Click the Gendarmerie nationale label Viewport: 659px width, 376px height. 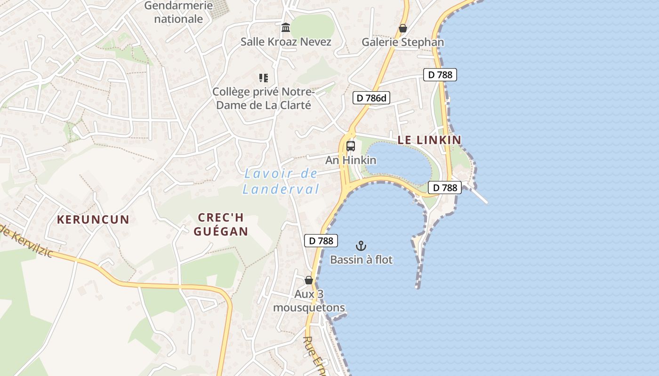tap(178, 12)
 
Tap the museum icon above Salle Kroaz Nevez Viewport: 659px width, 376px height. tap(286, 28)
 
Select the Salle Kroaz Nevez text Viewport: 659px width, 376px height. tap(286, 41)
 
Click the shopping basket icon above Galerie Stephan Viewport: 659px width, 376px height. tap(402, 28)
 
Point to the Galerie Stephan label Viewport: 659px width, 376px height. tap(402, 42)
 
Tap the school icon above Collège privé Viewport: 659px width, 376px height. tap(264, 78)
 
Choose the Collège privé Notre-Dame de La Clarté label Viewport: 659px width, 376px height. tap(264, 98)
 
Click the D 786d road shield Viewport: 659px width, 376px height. tap(371, 98)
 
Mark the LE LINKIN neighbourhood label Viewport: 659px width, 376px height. tap(429, 140)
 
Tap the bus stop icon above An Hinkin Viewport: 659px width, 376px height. tap(351, 146)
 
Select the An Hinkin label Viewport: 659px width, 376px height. tap(351, 160)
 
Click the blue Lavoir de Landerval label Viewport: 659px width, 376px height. tap(281, 181)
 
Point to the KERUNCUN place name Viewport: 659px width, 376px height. tap(93, 219)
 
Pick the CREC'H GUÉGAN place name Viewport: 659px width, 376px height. tap(220, 224)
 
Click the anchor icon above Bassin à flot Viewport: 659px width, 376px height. tap(361, 245)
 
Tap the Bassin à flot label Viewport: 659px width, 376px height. tap(361, 259)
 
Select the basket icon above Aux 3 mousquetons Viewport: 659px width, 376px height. tap(309, 280)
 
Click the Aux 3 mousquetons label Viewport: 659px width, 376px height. tap(309, 301)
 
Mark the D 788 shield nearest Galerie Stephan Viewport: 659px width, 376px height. tap(440, 74)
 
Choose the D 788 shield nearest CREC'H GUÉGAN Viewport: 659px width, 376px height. tap(321, 241)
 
